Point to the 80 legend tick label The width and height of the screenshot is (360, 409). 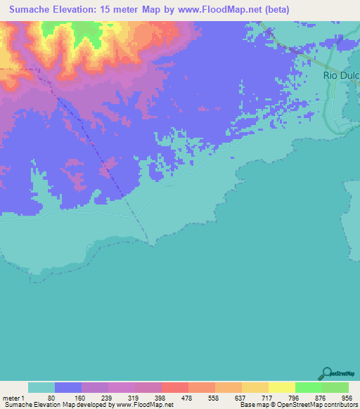[x=51, y=397]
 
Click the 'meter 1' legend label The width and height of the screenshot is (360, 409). [x=13, y=397]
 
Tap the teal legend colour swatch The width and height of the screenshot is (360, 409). [x=41, y=387]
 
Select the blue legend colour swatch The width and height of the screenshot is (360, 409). [x=68, y=387]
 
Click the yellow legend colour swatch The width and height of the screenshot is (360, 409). [x=282, y=387]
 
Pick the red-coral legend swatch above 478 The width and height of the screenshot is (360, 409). [x=175, y=387]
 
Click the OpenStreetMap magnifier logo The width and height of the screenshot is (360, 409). [x=326, y=374]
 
